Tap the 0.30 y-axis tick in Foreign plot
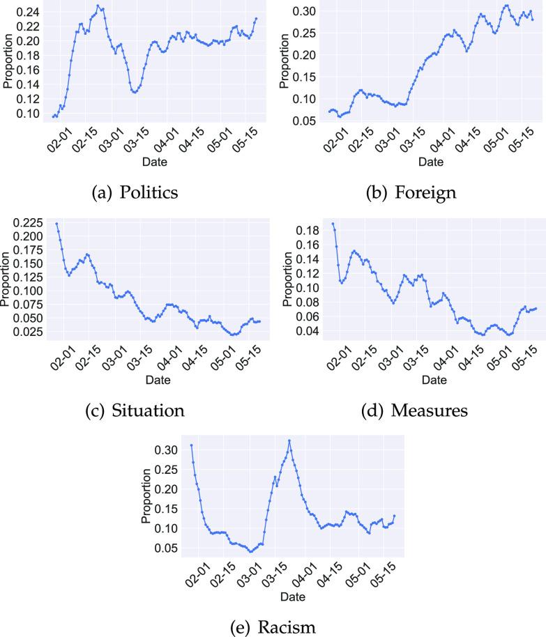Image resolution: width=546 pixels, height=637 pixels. coord(307,11)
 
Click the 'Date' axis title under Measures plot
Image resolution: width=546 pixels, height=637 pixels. coord(434,381)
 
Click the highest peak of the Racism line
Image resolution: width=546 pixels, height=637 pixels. coord(289,440)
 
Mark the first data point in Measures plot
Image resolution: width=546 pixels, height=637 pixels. coord(333,224)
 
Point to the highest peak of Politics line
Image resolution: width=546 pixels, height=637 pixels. coord(98,6)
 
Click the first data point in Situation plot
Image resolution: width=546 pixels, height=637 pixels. coord(56,224)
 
